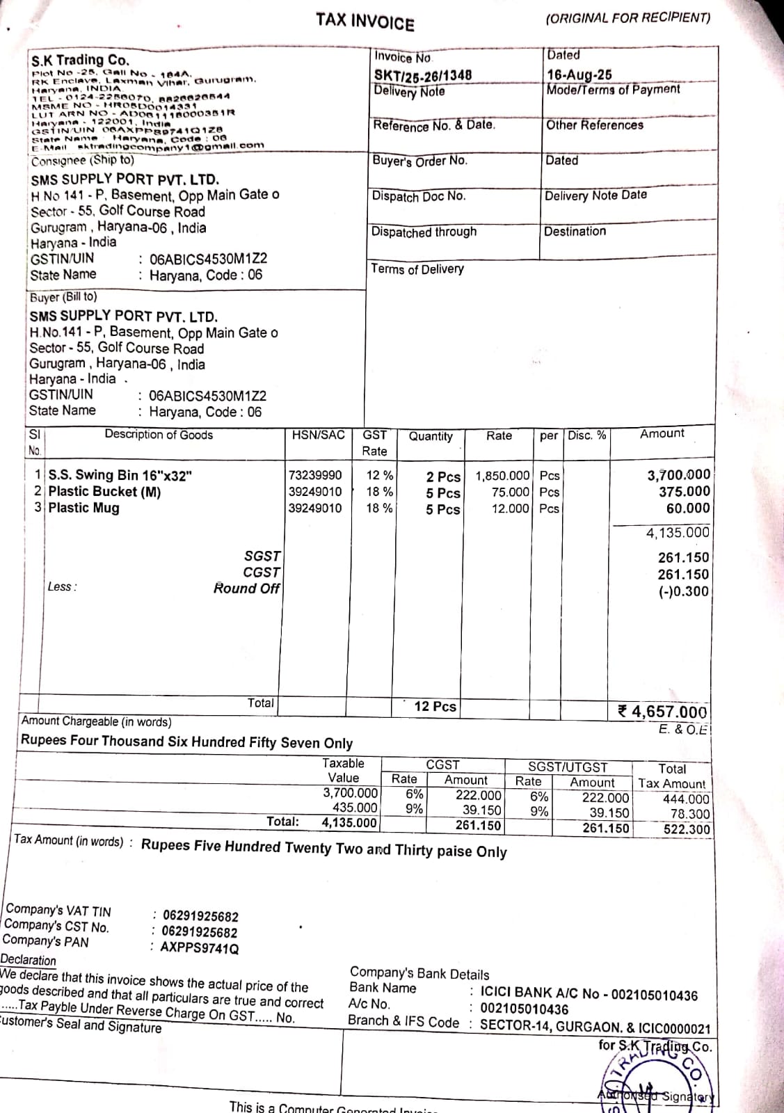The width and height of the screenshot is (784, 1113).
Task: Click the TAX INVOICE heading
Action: pos(365,22)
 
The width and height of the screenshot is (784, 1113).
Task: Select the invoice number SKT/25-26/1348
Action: pos(422,75)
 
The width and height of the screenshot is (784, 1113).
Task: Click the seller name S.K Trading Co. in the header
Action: pos(80,60)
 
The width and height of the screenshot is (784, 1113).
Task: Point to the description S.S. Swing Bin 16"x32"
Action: pos(120,475)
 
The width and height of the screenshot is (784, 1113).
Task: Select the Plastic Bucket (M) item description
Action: pos(104,492)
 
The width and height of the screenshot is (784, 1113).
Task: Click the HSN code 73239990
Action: pos(315,475)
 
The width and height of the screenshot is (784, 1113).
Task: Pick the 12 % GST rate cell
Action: pos(379,476)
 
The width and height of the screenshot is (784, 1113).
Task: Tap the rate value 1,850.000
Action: pos(502,477)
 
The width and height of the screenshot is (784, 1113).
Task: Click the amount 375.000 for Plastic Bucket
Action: pos(685,491)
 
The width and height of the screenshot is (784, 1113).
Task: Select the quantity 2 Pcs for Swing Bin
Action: pos(443,477)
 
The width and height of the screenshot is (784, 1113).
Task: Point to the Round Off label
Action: pos(246,588)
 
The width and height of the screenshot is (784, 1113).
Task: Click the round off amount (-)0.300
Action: pos(684,592)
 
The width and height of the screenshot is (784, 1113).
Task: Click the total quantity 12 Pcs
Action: pos(435,707)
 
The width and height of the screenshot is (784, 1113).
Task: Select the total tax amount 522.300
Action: pos(686,829)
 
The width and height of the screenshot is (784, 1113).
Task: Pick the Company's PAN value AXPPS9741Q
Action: pos(200,948)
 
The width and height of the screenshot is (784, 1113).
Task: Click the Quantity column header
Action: pos(430,436)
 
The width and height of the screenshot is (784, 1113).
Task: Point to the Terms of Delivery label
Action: pos(417,269)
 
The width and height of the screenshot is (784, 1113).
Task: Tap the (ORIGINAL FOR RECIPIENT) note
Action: pos(627,18)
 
